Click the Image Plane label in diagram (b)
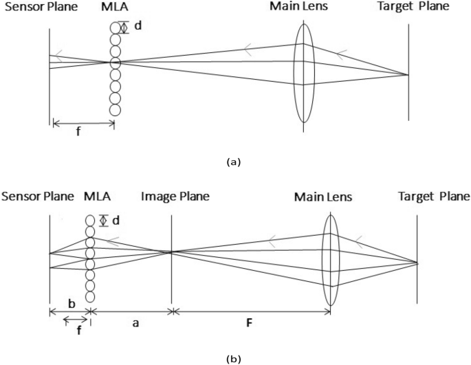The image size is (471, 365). [x=175, y=197]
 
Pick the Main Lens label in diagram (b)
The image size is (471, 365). [x=323, y=197]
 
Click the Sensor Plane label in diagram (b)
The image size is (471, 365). [x=38, y=197]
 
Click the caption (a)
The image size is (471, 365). [x=234, y=163]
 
